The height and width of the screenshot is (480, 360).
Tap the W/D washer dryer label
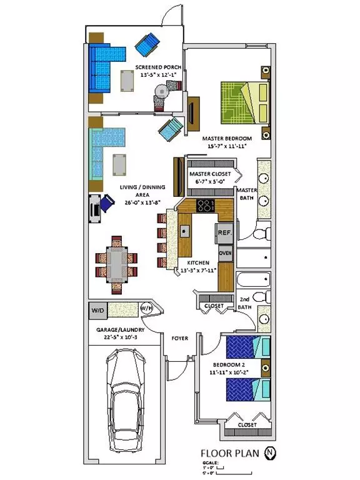click(x=98, y=309)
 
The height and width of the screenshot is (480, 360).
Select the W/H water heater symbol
click(x=147, y=308)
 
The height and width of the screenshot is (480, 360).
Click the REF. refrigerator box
click(x=225, y=232)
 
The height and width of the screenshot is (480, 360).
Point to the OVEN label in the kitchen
click(x=225, y=252)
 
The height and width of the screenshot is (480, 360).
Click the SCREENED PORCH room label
click(x=160, y=67)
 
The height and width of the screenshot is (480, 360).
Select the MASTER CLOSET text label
click(x=210, y=173)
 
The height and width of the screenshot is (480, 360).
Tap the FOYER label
click(x=180, y=338)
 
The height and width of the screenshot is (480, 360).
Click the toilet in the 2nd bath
click(x=263, y=296)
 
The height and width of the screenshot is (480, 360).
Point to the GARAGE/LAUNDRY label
click(x=121, y=329)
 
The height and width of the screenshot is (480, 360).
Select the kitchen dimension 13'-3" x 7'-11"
click(x=196, y=271)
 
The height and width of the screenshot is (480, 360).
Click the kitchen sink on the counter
click(x=185, y=231)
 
